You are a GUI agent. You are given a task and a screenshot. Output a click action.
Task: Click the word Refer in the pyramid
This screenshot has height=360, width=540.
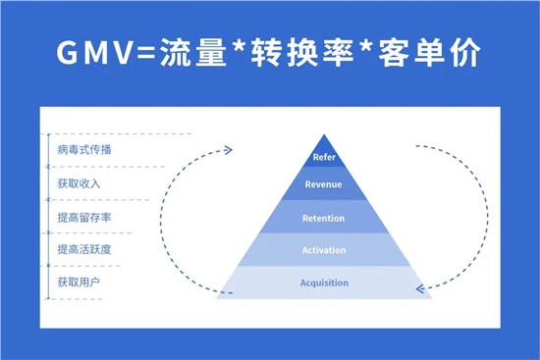tap(324, 157)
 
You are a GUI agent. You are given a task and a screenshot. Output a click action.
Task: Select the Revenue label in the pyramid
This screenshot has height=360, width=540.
tap(323, 184)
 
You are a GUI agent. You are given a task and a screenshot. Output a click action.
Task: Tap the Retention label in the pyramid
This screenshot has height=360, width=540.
tap(323, 218)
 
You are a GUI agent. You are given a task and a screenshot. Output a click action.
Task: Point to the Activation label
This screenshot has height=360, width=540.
tap(324, 250)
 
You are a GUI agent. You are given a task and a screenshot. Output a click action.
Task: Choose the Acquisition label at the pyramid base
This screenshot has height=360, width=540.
tap(324, 283)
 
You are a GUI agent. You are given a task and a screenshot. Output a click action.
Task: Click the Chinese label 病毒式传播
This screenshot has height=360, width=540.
tap(84, 150)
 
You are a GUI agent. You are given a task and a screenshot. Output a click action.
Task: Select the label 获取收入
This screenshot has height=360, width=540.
tap(79, 183)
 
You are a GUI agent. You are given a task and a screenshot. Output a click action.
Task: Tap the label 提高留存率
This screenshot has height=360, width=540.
tap(84, 217)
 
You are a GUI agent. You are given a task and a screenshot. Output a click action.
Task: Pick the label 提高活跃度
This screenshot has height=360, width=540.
tap(84, 249)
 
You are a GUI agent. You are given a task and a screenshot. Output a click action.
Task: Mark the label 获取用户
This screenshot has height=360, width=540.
tap(79, 283)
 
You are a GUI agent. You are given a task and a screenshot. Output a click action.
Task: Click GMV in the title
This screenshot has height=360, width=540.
tap(95, 52)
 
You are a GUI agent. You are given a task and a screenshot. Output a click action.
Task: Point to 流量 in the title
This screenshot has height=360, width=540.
tap(193, 52)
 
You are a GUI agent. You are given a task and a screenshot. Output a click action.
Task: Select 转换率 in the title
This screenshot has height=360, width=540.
tap(303, 52)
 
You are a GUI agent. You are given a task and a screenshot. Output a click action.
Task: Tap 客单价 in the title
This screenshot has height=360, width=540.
tap(429, 52)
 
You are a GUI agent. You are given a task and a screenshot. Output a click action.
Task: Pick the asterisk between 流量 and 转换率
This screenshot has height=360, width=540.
tap(240, 46)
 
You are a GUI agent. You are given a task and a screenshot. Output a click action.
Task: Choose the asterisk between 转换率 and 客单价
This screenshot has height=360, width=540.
tap(366, 46)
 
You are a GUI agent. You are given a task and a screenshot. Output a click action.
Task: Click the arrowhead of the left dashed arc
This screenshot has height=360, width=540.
tap(229, 150)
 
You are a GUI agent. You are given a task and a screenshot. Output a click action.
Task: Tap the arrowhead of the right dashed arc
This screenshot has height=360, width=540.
tap(420, 288)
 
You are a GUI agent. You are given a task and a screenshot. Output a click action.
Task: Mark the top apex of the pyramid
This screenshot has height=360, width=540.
tap(324, 134)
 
